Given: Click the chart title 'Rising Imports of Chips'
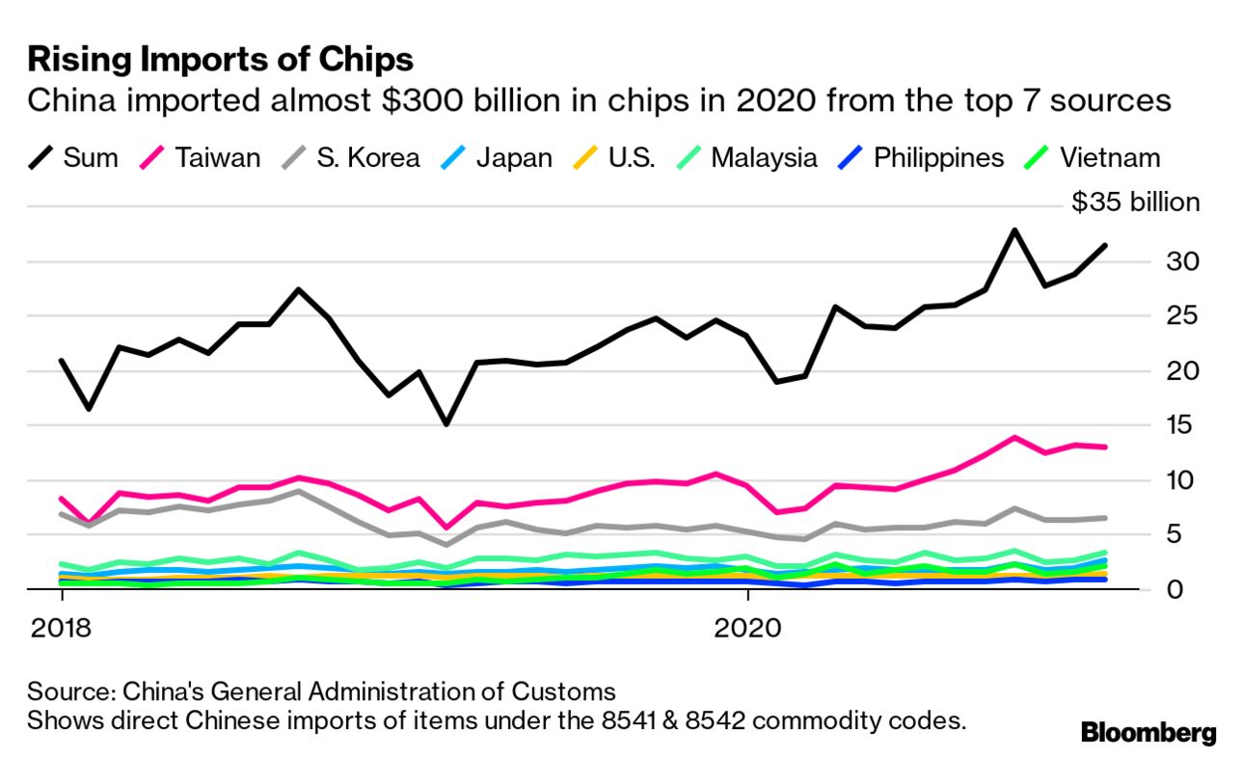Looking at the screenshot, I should point(221,60).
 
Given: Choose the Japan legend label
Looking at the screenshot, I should point(514,157).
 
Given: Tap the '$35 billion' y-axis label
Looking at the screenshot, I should point(1136,203).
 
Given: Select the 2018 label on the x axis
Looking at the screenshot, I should point(60,628).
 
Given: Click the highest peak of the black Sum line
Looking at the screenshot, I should point(1013,230).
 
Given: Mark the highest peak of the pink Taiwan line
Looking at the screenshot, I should point(1013,438).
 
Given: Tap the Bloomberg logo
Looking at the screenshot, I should point(1148,732).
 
